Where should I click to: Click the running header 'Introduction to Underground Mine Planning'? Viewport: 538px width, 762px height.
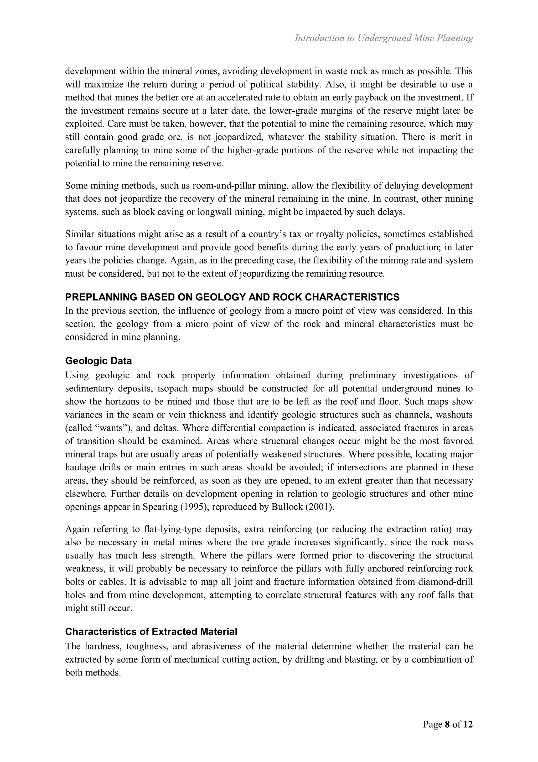(x=384, y=38)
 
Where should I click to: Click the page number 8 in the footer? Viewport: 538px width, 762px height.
(x=447, y=724)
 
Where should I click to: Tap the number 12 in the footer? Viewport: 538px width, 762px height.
(x=468, y=724)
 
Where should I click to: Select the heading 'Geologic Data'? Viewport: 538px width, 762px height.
(x=99, y=361)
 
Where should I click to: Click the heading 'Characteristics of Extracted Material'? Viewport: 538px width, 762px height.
(x=151, y=632)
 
